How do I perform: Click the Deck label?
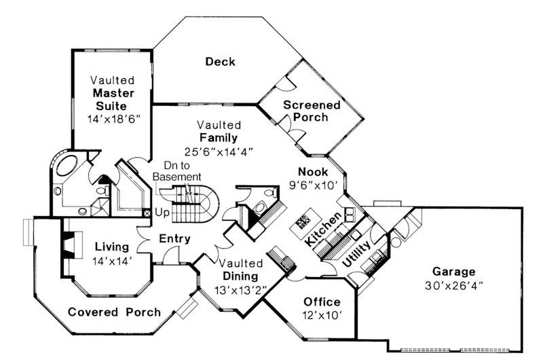(x=220, y=62)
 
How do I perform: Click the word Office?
(x=322, y=302)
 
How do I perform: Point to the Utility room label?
(x=356, y=253)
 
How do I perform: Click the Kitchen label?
(x=322, y=230)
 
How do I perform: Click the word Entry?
(x=174, y=239)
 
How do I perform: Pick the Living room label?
(x=112, y=247)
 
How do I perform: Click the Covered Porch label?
(x=115, y=312)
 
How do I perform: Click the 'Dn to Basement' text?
(x=167, y=170)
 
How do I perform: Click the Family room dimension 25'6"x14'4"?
(x=219, y=151)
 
